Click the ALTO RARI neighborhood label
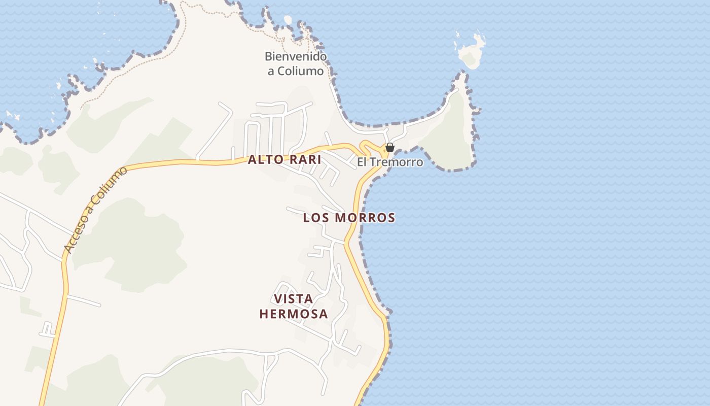pos(285,159)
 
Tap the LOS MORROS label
pos(349,218)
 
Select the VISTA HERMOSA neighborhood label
pos(294,307)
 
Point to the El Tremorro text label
pos(390,162)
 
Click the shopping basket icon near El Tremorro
pos(390,147)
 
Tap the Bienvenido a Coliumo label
pos(296,63)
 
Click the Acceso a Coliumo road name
pos(96,210)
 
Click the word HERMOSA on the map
pos(294,314)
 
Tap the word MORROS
pos(365,218)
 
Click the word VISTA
pos(293,299)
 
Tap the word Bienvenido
pos(296,56)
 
